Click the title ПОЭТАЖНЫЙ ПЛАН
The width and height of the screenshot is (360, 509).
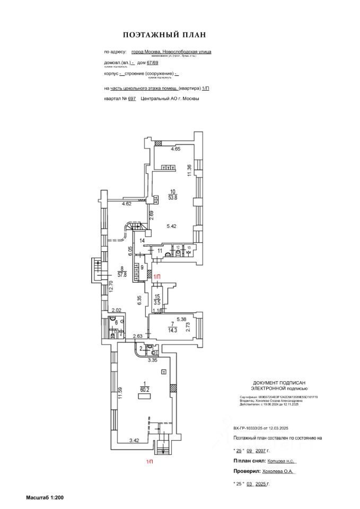(164, 35)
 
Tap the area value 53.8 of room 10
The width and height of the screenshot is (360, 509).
(173, 198)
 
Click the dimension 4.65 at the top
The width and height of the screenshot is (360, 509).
(175, 149)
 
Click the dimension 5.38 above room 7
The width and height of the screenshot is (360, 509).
(181, 320)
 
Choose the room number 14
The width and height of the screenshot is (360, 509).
(143, 240)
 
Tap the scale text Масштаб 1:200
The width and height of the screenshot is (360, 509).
(45, 497)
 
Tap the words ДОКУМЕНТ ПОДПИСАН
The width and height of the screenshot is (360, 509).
(279, 382)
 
